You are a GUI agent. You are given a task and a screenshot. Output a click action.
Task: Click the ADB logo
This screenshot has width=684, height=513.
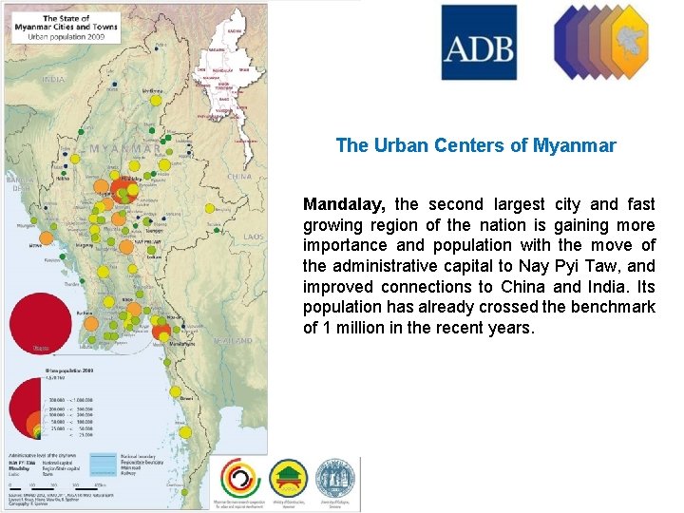[479, 43]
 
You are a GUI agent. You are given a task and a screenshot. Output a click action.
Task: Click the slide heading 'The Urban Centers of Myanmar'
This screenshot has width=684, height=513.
[476, 146]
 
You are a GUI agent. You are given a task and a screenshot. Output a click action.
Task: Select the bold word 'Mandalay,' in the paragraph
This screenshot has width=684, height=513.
[344, 204]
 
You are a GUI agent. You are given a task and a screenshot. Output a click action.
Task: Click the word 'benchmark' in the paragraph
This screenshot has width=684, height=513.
[613, 307]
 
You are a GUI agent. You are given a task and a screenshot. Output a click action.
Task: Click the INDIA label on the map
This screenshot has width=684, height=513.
[54, 80]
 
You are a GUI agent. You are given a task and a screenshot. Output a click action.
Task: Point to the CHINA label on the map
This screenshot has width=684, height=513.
[239, 176]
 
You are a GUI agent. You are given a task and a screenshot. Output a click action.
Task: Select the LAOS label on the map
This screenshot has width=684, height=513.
[253, 237]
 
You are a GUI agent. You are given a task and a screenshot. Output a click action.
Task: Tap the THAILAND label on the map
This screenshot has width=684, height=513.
[233, 340]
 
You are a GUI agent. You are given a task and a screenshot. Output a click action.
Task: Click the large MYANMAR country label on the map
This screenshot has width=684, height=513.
[123, 149]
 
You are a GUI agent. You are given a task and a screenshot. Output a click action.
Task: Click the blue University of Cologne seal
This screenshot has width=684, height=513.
[334, 477]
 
